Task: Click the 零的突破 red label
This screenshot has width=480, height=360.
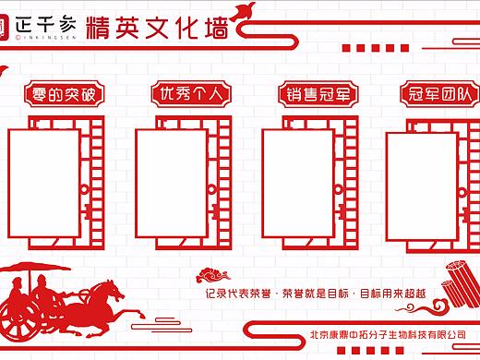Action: pos(63,94)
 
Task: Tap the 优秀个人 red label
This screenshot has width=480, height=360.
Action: pos(191,94)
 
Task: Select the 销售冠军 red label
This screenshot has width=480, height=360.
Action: pos(318,94)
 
